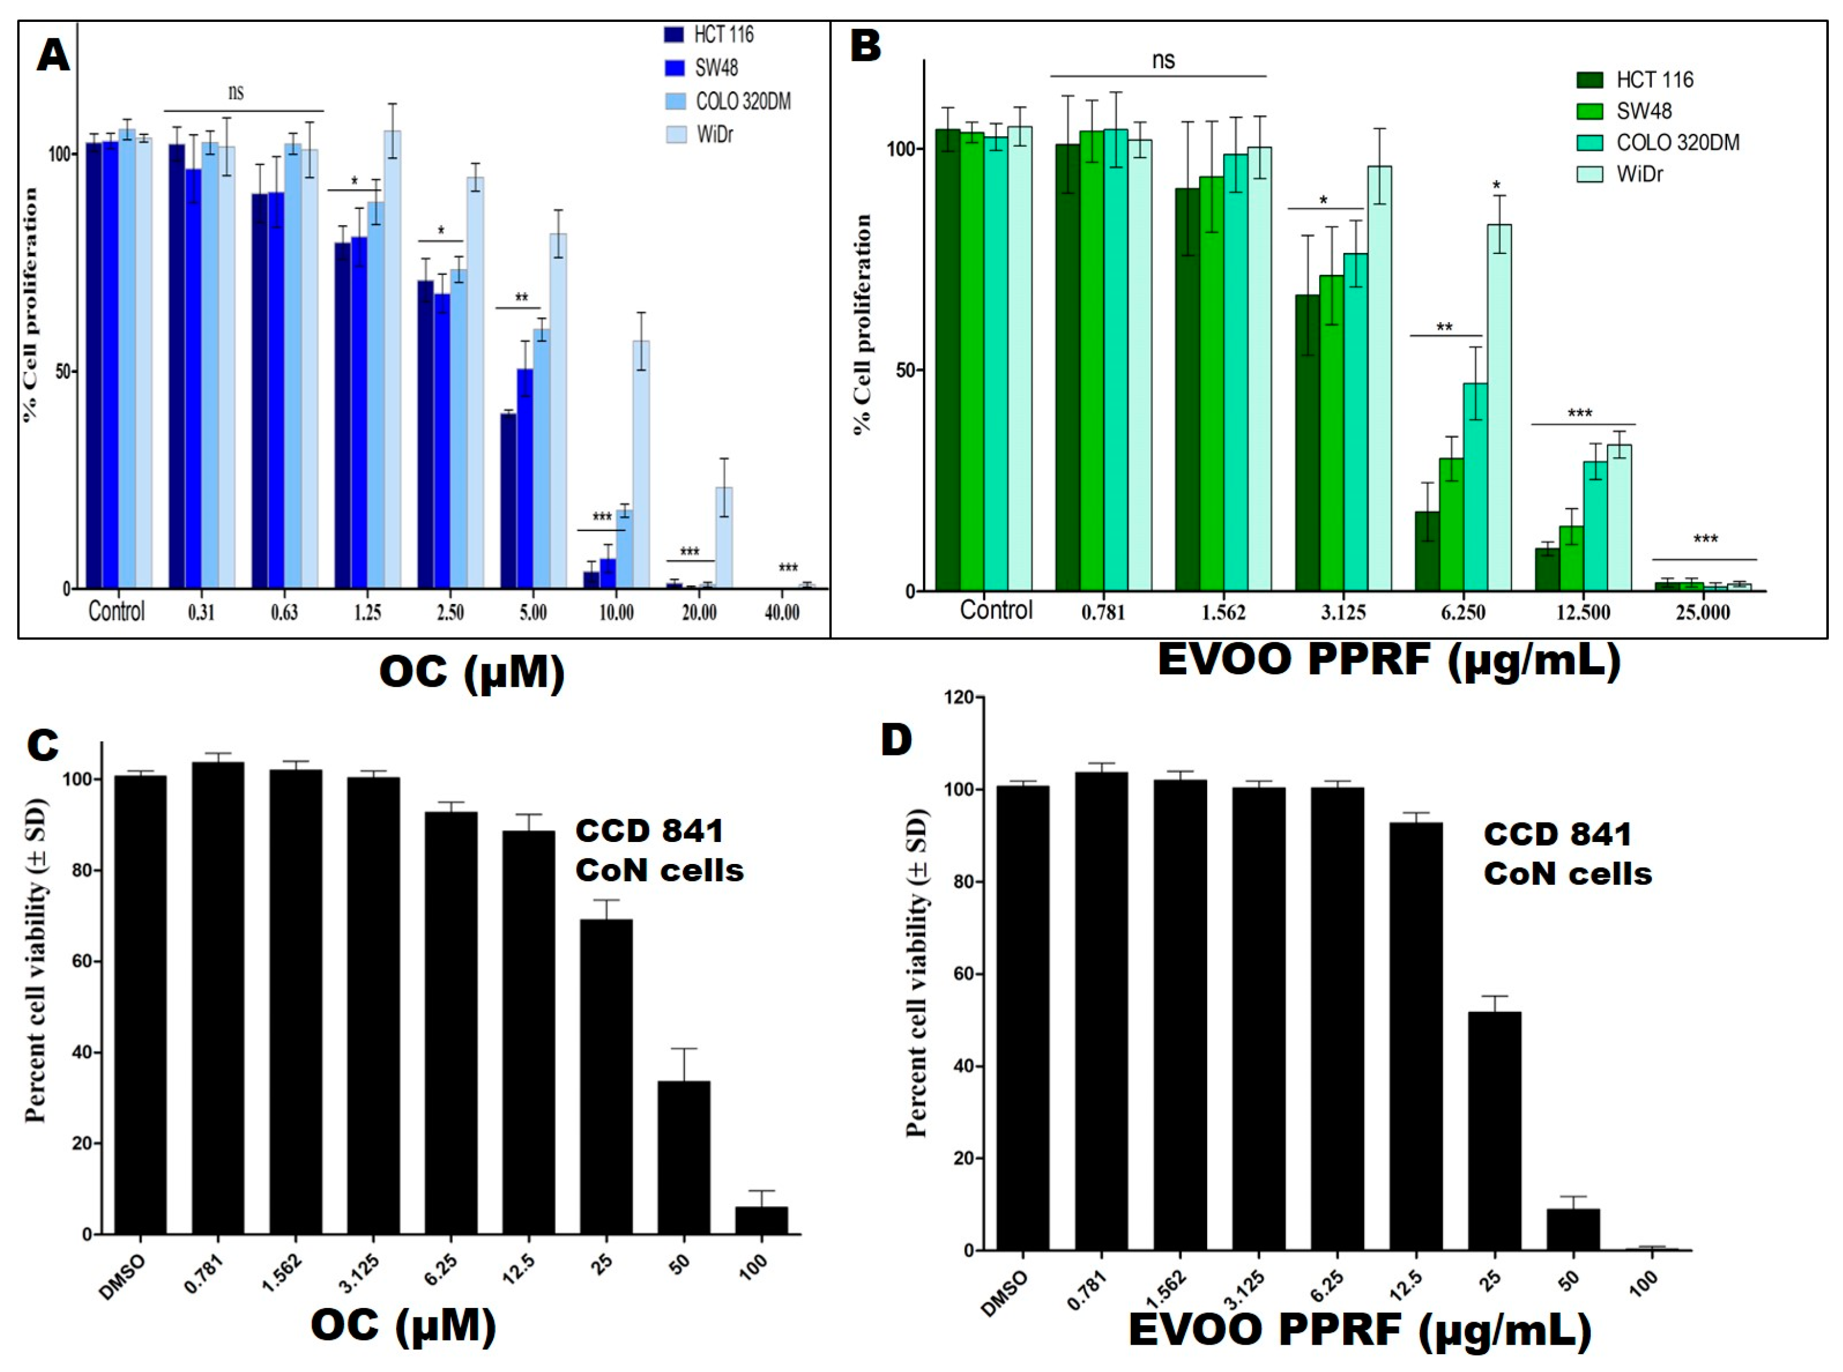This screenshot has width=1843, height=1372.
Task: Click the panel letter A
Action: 53,56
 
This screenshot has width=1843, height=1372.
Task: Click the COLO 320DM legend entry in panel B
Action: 1677,143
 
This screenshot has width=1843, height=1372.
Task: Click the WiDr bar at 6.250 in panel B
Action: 1498,407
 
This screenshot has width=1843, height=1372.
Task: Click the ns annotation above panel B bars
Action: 1163,60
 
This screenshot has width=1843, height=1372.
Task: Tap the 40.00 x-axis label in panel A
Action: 781,613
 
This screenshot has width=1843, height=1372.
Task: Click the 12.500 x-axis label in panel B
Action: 1583,613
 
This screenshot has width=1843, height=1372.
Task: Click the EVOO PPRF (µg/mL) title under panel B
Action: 1388,660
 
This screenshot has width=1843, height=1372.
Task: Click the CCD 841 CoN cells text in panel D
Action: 1567,854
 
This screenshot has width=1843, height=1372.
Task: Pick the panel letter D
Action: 896,739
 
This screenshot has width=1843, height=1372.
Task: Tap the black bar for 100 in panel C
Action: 761,1221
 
